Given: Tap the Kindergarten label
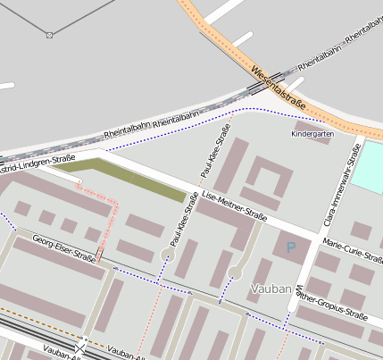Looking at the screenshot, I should click(x=312, y=134).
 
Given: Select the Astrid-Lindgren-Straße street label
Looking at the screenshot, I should click(x=37, y=163).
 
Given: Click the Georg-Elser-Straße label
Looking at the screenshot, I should click(x=63, y=247).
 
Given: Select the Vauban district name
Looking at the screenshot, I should click(x=271, y=289).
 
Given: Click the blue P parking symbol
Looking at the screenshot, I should click(x=289, y=247).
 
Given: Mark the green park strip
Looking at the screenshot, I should click(x=125, y=176).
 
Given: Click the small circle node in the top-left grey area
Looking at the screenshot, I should click(x=49, y=35).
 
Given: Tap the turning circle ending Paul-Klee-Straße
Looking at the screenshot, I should click(x=167, y=256).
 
